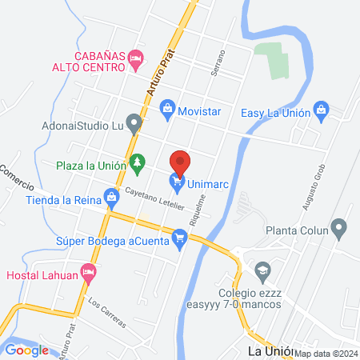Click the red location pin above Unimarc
coord(181,162)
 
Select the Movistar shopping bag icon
coord(167,107)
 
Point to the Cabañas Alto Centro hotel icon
coord(136,58)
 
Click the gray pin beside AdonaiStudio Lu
coord(134,123)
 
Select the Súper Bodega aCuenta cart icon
coord(180,238)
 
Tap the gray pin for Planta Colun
coord(340,230)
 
